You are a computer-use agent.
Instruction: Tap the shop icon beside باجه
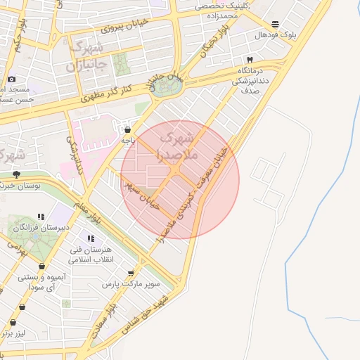[x=127, y=129]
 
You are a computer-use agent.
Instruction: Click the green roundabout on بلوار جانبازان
[x=167, y=88]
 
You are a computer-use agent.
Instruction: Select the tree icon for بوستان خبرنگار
[x=16, y=174]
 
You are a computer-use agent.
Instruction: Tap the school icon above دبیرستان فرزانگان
[x=41, y=216]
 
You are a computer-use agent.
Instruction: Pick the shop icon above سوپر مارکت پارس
[x=131, y=273]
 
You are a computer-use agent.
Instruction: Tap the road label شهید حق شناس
[x=146, y=314]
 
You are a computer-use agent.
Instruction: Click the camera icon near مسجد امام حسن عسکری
[x=12, y=79]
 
